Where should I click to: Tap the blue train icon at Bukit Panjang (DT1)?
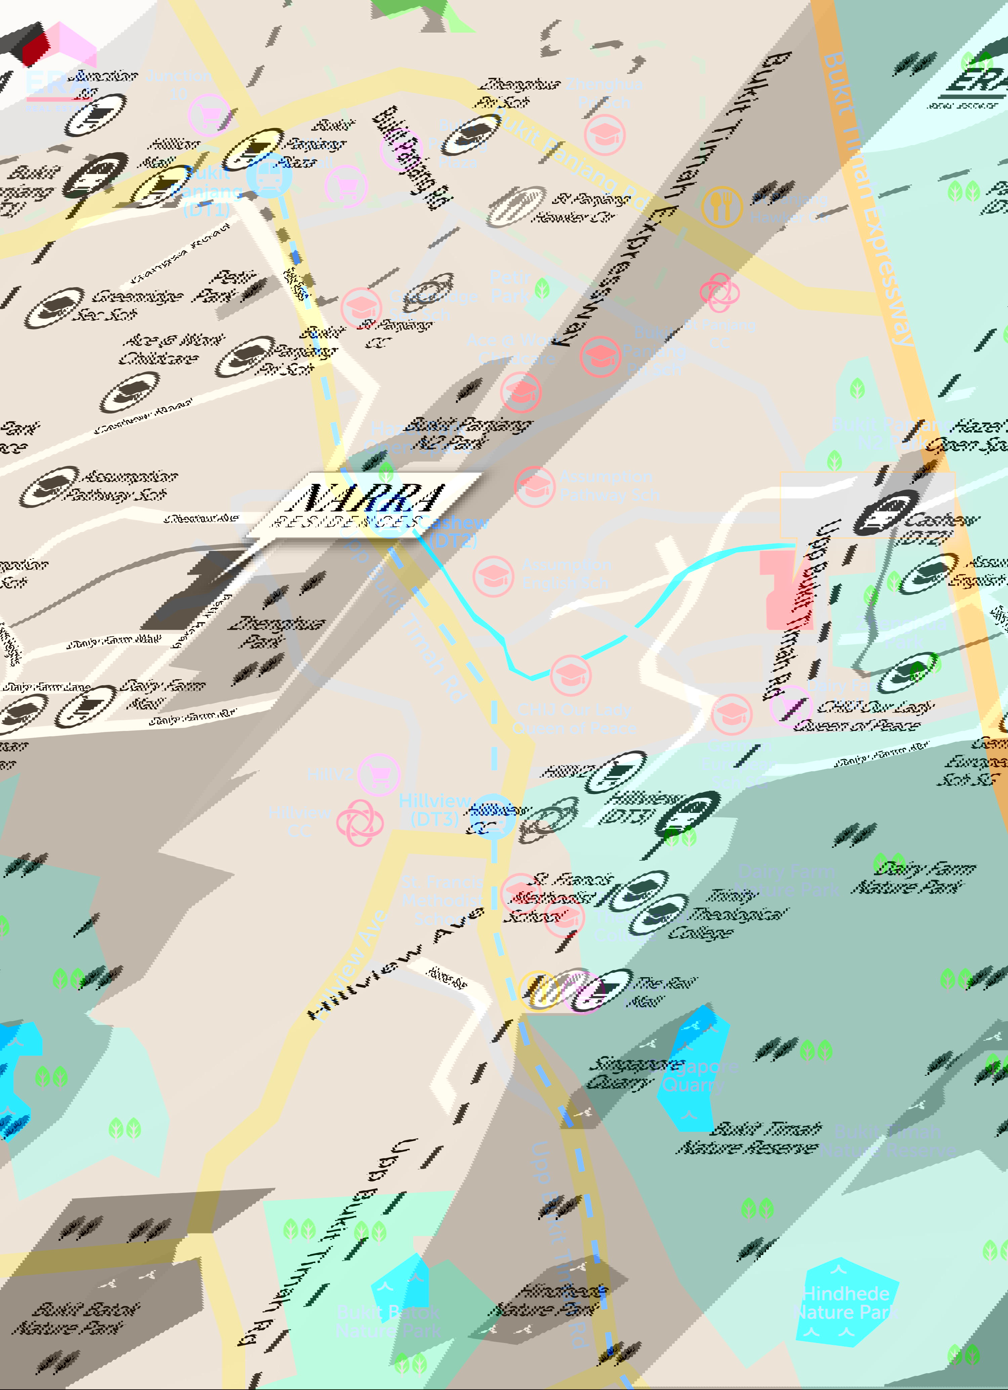(x=270, y=175)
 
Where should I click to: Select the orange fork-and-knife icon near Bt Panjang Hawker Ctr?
(x=722, y=207)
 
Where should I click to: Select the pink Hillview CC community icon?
(x=360, y=822)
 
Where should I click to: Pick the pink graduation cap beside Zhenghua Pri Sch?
(x=604, y=135)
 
